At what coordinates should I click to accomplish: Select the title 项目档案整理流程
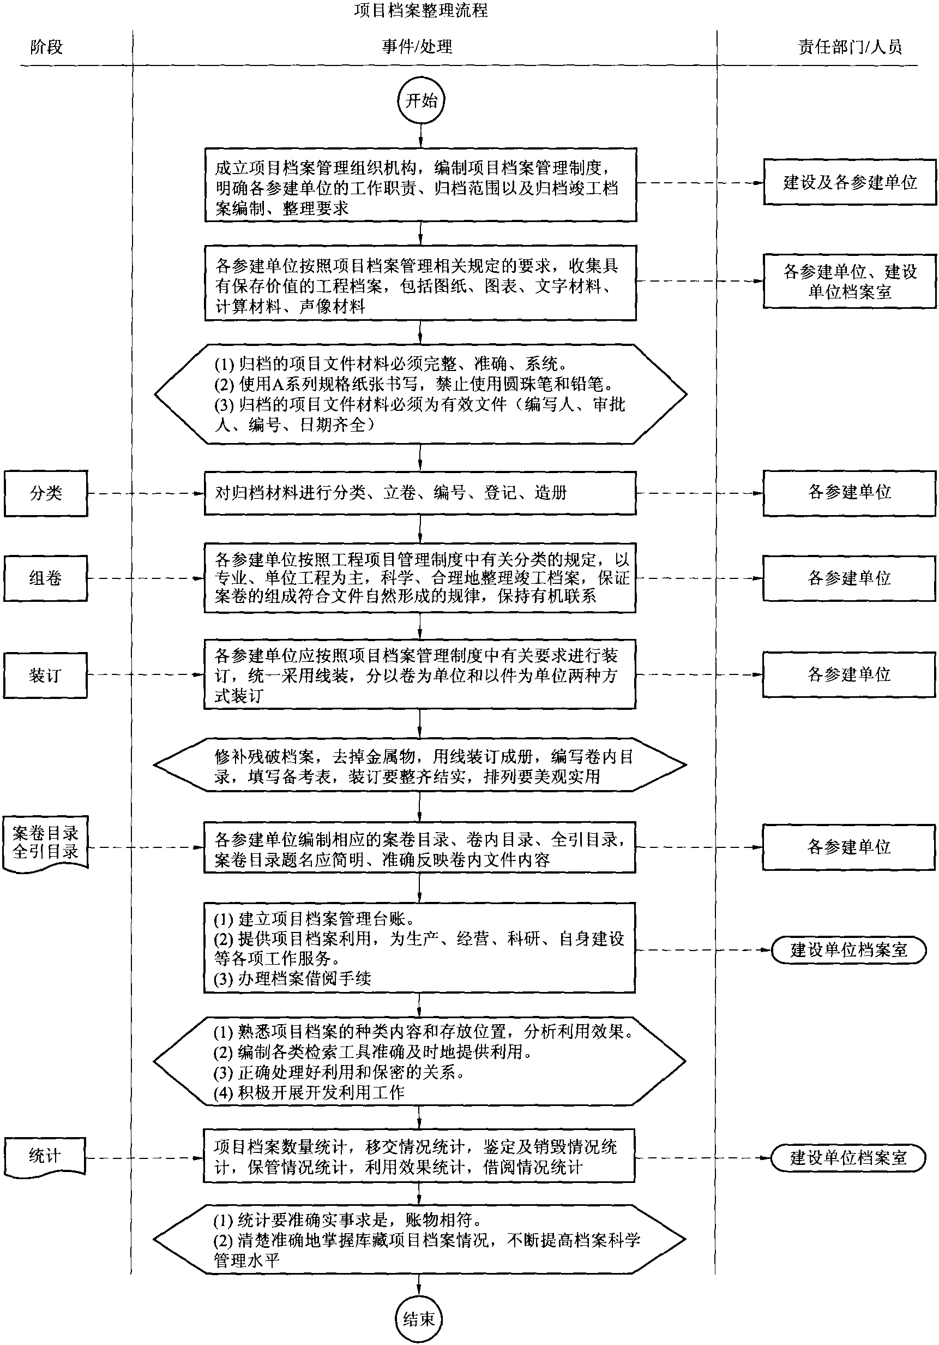[420, 10]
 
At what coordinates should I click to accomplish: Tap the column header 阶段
[46, 47]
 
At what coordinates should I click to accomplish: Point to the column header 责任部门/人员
[850, 47]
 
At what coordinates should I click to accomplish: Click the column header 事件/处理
[417, 47]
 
